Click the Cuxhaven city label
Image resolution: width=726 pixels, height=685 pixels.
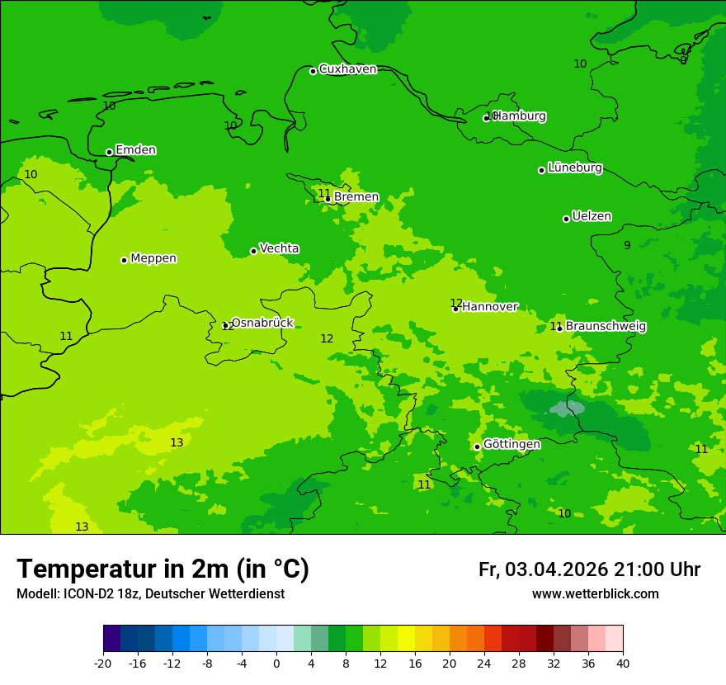click(x=347, y=69)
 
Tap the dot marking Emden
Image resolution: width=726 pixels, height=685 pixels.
click(x=109, y=152)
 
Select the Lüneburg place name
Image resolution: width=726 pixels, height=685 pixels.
click(x=574, y=168)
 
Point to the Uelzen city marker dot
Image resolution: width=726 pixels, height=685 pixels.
click(x=566, y=219)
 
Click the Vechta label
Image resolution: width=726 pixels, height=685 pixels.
click(x=279, y=248)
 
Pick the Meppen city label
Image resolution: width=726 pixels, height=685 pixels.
click(x=153, y=258)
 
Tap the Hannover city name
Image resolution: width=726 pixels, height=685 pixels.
click(x=489, y=307)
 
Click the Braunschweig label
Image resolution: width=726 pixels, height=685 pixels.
click(x=606, y=327)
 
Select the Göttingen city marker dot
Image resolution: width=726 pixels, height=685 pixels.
click(x=477, y=446)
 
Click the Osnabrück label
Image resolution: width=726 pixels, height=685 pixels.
click(x=262, y=323)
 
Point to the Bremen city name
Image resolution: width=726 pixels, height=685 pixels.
click(x=356, y=197)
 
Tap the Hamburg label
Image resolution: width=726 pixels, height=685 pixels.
click(x=520, y=116)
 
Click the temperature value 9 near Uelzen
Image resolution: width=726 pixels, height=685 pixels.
click(x=627, y=245)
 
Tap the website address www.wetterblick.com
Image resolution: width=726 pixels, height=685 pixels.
click(x=595, y=594)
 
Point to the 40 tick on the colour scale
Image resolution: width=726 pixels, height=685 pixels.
click(x=623, y=663)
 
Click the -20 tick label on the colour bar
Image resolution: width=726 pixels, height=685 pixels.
click(x=102, y=663)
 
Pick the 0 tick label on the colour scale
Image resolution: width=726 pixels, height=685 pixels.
click(x=276, y=663)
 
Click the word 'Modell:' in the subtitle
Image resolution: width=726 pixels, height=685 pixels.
click(x=37, y=594)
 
